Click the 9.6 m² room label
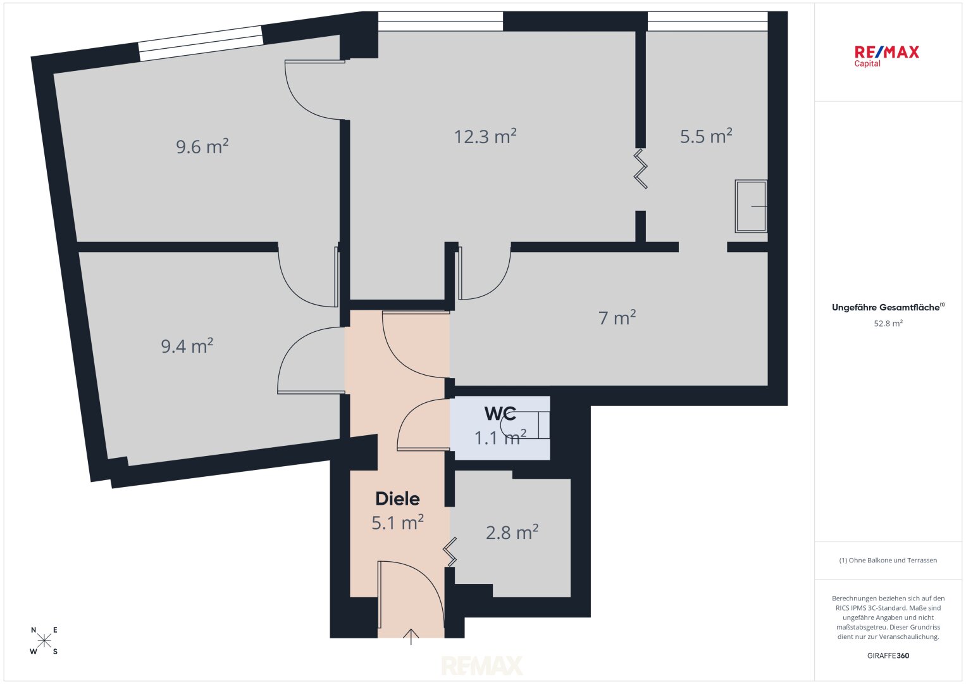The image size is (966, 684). (202, 146)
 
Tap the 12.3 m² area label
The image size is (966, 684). (485, 136)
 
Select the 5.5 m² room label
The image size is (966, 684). (706, 136)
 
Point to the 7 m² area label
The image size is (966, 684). (617, 317)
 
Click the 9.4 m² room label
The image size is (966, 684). (187, 346)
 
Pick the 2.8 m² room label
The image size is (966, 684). (512, 532)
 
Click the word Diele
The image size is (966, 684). (398, 499)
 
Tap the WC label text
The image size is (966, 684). (500, 413)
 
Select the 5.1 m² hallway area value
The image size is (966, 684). (398, 522)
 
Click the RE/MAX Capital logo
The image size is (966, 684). (887, 56)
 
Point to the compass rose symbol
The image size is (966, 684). (44, 640)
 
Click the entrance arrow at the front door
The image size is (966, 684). (411, 636)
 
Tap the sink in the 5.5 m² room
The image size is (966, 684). (751, 206)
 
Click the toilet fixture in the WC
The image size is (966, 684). (525, 426)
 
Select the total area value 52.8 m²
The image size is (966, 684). (888, 324)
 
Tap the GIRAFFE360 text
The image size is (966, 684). (888, 655)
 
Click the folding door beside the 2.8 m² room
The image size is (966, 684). (450, 552)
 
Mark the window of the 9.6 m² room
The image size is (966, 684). (201, 43)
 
